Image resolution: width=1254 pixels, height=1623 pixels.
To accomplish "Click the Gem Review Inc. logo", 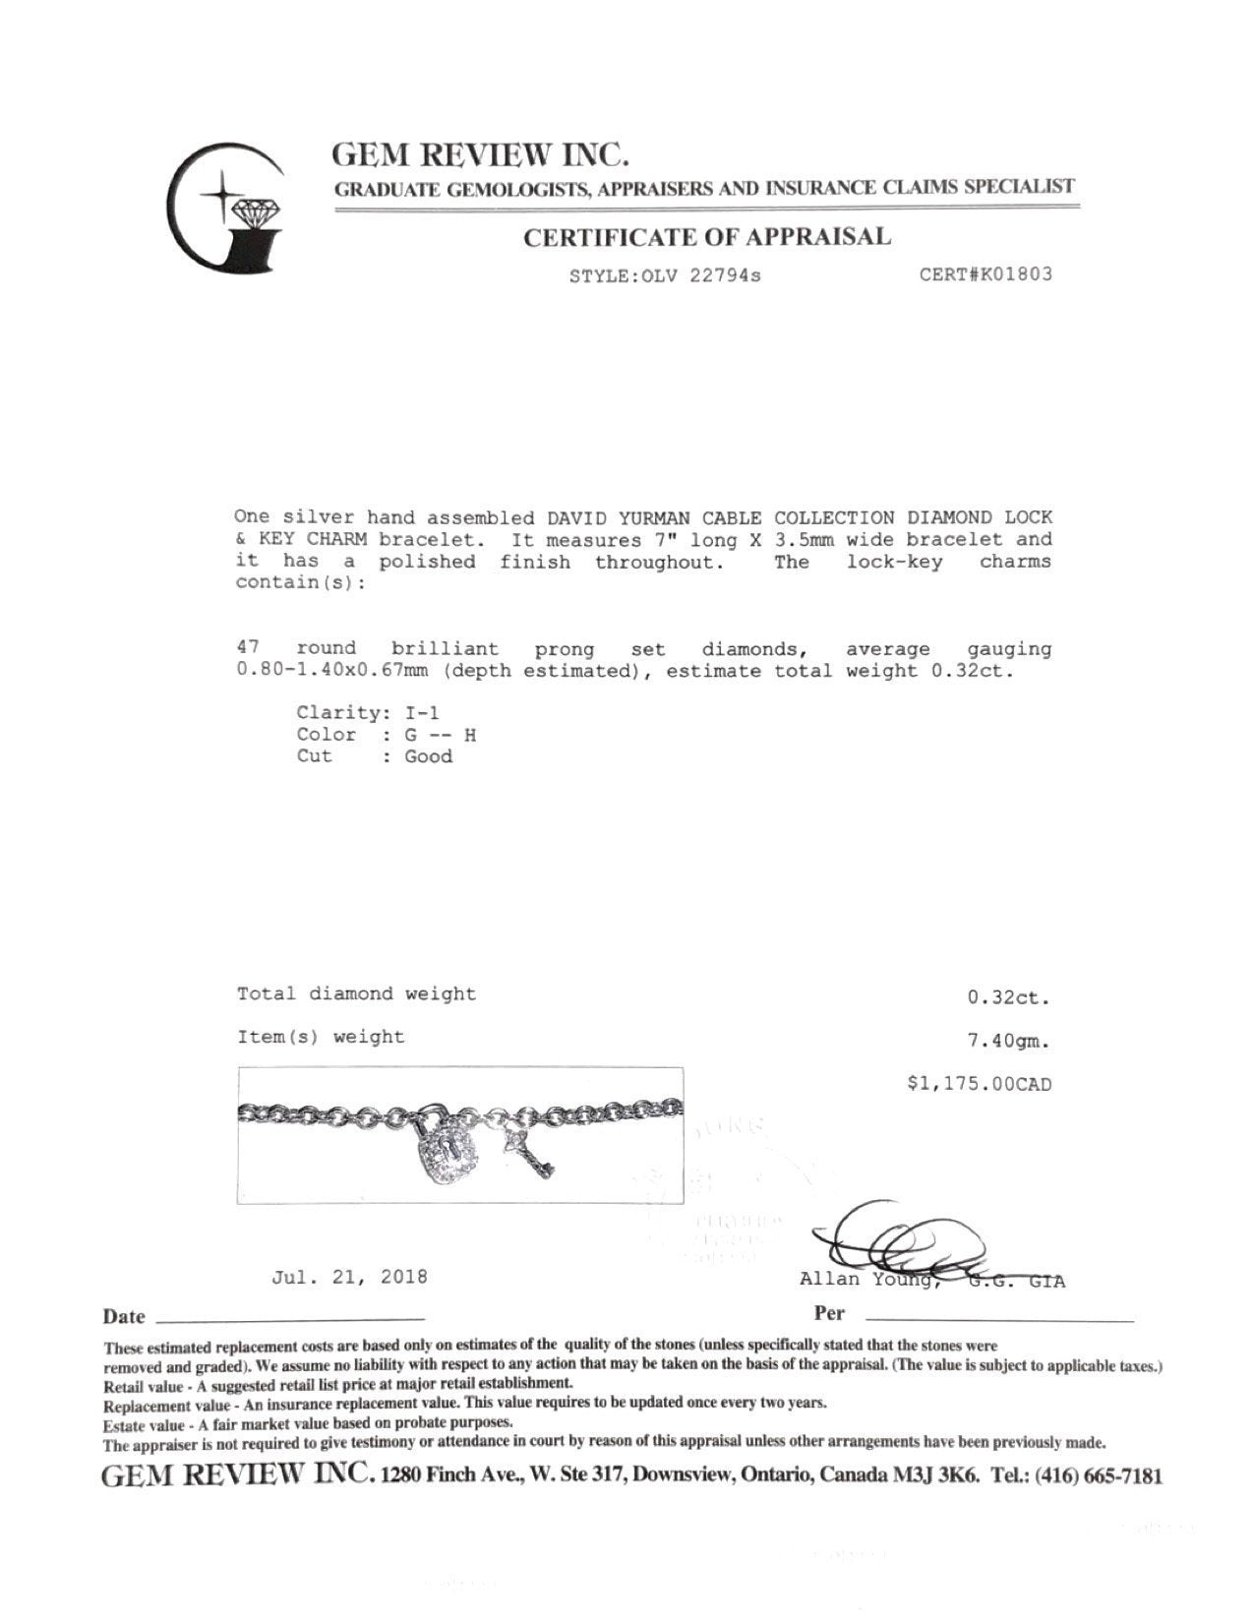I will coord(225,209).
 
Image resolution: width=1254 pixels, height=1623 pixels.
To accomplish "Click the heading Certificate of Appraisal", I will coord(706,237).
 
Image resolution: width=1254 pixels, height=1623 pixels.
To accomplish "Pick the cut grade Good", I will coord(428,756).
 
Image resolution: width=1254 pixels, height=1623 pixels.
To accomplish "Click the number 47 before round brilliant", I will coord(248,649).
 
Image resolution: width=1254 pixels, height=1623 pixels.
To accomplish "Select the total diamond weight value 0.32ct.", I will coord(1008,997).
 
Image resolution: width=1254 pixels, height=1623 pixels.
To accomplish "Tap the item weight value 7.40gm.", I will coord(1008,1040).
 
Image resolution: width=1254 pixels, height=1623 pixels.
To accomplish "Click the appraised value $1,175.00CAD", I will coord(979,1084).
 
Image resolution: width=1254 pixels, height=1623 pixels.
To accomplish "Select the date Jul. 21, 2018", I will coord(349,1277).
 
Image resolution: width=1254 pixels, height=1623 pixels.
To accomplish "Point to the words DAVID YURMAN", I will coord(634,517).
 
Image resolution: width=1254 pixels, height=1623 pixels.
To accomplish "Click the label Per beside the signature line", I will coord(829,1313).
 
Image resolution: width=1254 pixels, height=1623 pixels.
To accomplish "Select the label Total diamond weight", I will coord(356,994).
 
